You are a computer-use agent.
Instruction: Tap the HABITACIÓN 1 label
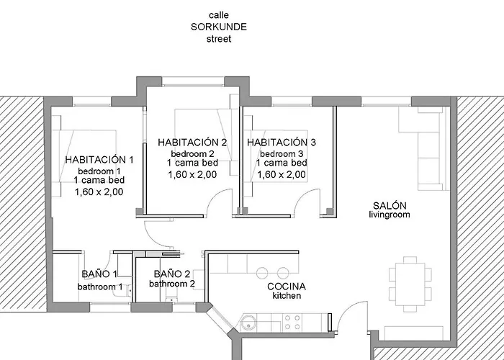point(99,159)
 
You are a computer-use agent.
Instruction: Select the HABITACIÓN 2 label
point(192,143)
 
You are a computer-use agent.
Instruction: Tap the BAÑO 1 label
point(99,274)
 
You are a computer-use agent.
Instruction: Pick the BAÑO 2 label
point(171,274)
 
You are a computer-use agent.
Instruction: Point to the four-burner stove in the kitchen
point(294,319)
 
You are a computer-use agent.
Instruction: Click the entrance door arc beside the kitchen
point(353,317)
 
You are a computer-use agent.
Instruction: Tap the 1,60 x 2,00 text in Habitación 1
point(99,192)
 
